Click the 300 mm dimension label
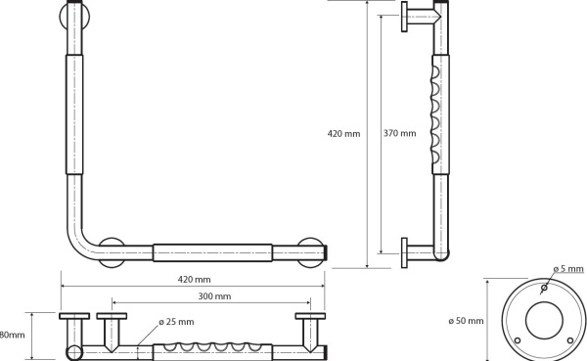[214, 296]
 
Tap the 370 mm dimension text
[399, 133]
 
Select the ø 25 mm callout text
[176, 322]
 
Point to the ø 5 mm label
[568, 268]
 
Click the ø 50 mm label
[466, 321]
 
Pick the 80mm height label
[12, 335]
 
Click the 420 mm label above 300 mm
[195, 280]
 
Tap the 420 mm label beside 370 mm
[343, 133]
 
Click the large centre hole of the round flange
[544, 320]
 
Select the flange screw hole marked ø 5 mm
[544, 288]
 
